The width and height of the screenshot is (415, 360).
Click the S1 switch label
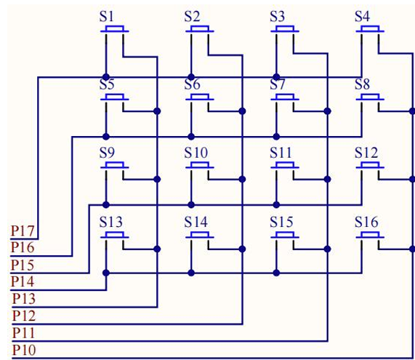107,17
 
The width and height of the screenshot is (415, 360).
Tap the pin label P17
23,231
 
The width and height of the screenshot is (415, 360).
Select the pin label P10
24,351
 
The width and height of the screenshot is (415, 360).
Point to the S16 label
366,222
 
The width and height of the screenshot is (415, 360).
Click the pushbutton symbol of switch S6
200,97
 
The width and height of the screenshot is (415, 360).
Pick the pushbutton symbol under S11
285,165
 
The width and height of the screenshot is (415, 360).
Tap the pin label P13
24,299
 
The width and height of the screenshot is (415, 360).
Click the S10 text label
196,153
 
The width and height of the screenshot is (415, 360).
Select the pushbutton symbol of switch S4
370,29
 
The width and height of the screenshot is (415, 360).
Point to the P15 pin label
23,265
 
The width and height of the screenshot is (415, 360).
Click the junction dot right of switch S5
157,111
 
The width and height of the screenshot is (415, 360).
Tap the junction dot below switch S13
106,273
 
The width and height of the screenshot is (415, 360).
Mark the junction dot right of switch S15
327,249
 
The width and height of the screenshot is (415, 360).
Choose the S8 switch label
363,85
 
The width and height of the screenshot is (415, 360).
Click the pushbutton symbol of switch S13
115,235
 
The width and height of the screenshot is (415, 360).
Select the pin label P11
24,333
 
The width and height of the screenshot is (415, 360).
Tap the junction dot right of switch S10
242,180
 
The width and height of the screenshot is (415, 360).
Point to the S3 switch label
278,17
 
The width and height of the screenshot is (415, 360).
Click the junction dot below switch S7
276,137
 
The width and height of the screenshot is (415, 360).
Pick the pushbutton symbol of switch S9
115,165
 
